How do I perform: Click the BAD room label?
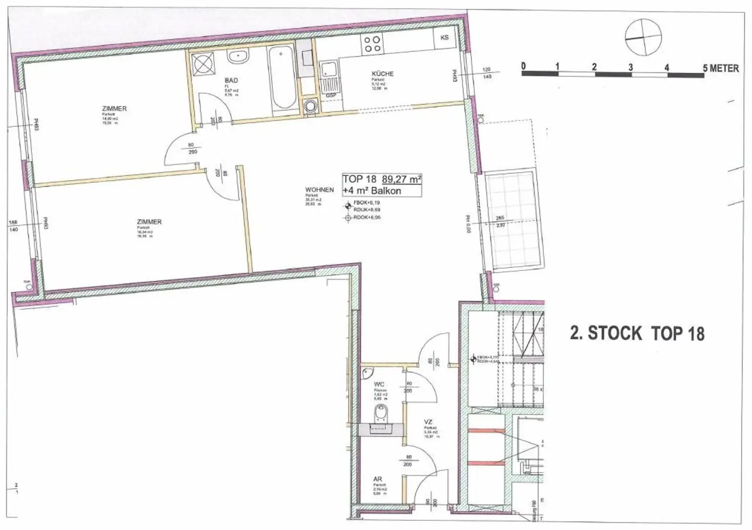coord(231,80)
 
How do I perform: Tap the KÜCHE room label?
coord(382,74)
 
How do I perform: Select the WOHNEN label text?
coord(319,190)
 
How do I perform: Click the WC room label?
coord(378,385)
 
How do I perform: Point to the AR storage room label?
coord(377,479)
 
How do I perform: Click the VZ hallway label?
coord(428,422)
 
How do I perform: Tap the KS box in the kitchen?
coord(445,38)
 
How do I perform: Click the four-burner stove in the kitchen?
coord(372,44)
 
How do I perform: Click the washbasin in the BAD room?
coord(238,55)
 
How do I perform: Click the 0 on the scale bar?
coord(523,66)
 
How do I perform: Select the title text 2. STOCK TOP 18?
coord(637,334)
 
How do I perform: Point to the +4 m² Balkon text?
coord(372,191)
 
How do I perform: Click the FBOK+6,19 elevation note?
coord(366,202)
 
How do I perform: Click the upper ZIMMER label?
coord(115,108)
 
